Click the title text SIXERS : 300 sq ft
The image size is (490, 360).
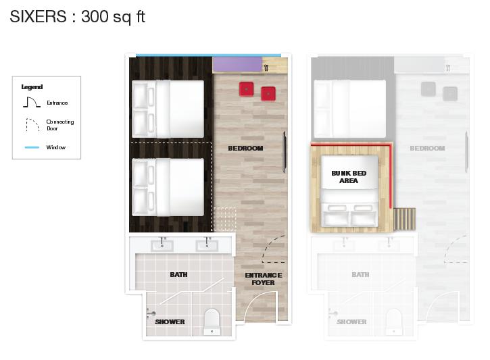pyautogui.click(x=77, y=17)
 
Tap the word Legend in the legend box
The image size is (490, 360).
pyautogui.click(x=32, y=87)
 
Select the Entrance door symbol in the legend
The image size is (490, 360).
pyautogui.click(x=32, y=102)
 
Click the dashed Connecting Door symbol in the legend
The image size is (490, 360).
pyautogui.click(x=32, y=124)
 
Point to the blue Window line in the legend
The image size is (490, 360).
pyautogui.click(x=32, y=147)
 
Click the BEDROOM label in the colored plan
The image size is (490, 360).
pyautogui.click(x=245, y=149)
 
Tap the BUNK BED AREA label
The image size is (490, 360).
pyautogui.click(x=349, y=177)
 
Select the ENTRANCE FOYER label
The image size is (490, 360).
pyautogui.click(x=264, y=279)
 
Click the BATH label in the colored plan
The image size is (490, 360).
pyautogui.click(x=178, y=274)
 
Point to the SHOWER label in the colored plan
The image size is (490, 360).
pyautogui.click(x=170, y=322)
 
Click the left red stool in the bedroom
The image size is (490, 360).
pyautogui.click(x=246, y=89)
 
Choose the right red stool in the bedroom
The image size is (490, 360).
pyautogui.click(x=268, y=94)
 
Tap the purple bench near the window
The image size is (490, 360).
pyautogui.click(x=237, y=64)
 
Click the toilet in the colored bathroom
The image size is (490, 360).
pyautogui.click(x=212, y=322)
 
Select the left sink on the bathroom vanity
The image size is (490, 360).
pyautogui.click(x=162, y=245)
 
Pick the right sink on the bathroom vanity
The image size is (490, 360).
pyautogui.click(x=207, y=245)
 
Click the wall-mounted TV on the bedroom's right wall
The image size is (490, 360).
pyautogui.click(x=285, y=152)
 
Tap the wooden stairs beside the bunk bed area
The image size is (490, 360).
pyautogui.click(x=404, y=219)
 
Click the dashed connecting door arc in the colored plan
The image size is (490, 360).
pyautogui.click(x=270, y=247)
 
